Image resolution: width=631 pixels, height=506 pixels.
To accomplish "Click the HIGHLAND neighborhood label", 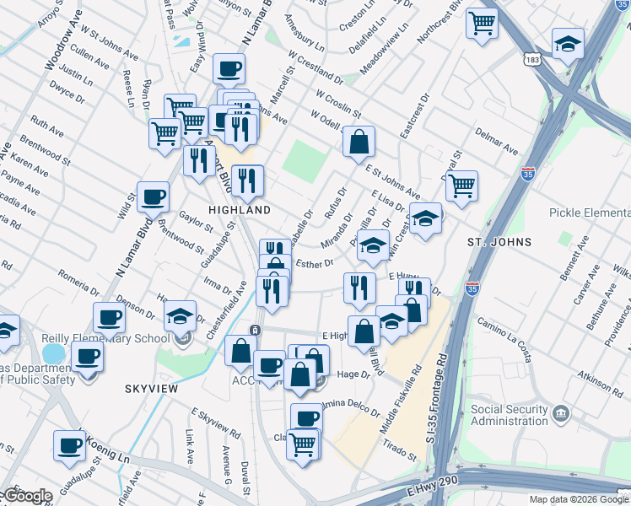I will click(x=240, y=209).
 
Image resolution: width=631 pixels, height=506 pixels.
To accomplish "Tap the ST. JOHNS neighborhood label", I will click(x=500, y=242).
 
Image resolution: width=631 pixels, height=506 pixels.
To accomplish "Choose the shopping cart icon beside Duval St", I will click(x=461, y=186).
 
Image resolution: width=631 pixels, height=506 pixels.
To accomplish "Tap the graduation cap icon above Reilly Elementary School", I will click(x=179, y=315).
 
